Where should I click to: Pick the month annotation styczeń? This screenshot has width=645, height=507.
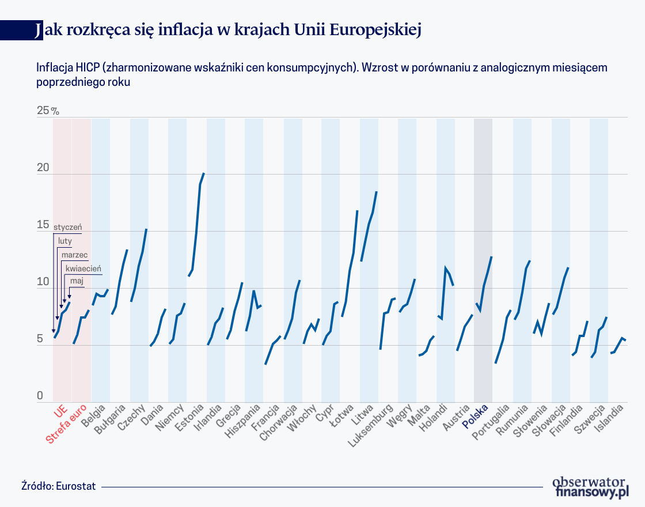pos(68,227)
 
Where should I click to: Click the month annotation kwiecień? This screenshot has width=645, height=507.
pos(83,268)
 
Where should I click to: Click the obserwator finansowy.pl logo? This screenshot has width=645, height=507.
pos(590,487)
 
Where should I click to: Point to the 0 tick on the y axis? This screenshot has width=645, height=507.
pos(40,396)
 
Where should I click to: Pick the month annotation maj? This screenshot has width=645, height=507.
pos(77,280)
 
